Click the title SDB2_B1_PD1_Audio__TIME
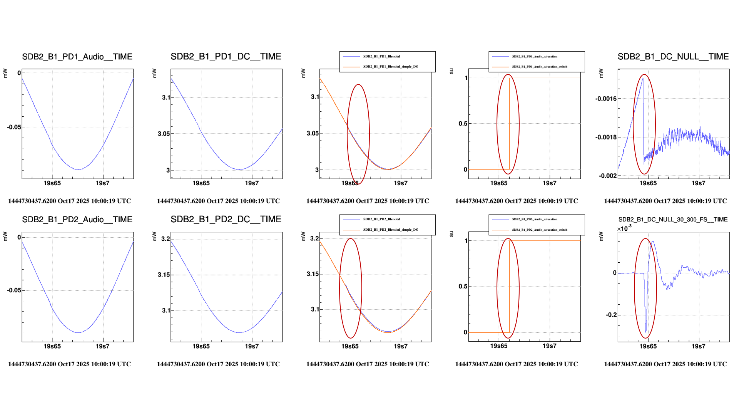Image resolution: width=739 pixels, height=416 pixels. pyautogui.click(x=77, y=57)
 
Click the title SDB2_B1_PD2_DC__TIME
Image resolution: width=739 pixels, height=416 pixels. pyautogui.click(x=226, y=219)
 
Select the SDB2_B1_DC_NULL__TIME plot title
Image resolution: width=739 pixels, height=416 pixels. pyautogui.click(x=673, y=57)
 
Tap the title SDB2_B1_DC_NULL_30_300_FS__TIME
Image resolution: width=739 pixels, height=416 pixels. pyautogui.click(x=673, y=220)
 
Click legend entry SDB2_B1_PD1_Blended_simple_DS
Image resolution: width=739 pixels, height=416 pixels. pyautogui.click(x=390, y=67)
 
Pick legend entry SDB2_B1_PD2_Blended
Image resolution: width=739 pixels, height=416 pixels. pyautogui.click(x=381, y=219)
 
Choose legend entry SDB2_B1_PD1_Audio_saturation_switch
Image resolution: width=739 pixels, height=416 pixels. pyautogui.click(x=539, y=67)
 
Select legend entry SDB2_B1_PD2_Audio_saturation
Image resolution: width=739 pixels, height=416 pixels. pyautogui.click(x=534, y=219)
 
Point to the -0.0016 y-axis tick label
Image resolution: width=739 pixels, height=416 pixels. pyautogui.click(x=606, y=99)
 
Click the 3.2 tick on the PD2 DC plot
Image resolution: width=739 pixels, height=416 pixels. pyautogui.click(x=166, y=239)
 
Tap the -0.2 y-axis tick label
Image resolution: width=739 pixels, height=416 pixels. pyautogui.click(x=611, y=315)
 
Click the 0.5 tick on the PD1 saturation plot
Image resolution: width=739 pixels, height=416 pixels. pyautogui.click(x=463, y=124)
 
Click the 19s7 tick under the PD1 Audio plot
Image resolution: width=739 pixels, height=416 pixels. pyautogui.click(x=102, y=183)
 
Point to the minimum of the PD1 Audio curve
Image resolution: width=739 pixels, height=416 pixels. pyautogui.click(x=78, y=169)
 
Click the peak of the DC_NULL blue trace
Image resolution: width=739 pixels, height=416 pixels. pyautogui.click(x=643, y=78)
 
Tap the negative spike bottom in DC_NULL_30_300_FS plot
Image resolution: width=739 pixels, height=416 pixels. pyautogui.click(x=646, y=332)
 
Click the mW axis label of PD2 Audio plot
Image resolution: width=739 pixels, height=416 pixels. pyautogui.click(x=5, y=236)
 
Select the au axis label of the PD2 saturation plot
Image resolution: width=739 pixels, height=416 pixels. pyautogui.click(x=451, y=234)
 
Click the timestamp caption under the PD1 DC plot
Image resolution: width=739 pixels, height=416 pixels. pyautogui.click(x=218, y=201)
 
